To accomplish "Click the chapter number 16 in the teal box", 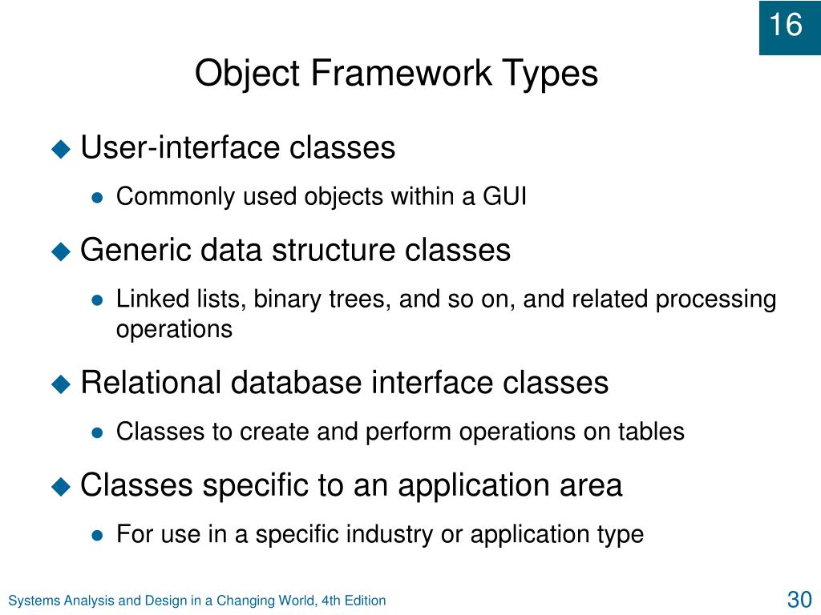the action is (x=786, y=25).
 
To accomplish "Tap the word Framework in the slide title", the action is (x=401, y=73).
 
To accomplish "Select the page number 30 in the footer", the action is (x=799, y=600).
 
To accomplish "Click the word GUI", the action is (x=504, y=197).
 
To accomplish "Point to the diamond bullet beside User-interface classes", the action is (x=61, y=149).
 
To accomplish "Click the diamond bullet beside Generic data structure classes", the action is (x=61, y=251).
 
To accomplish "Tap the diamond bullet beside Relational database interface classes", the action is (x=61, y=384).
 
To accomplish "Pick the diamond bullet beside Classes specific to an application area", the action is (x=61, y=487).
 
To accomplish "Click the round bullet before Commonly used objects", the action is (x=97, y=199).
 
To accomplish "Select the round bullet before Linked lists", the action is (x=97, y=301).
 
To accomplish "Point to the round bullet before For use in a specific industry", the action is (x=97, y=536).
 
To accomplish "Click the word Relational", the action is (x=151, y=382).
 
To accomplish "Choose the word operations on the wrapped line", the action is (x=174, y=330).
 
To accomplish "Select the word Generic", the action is (x=135, y=250).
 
